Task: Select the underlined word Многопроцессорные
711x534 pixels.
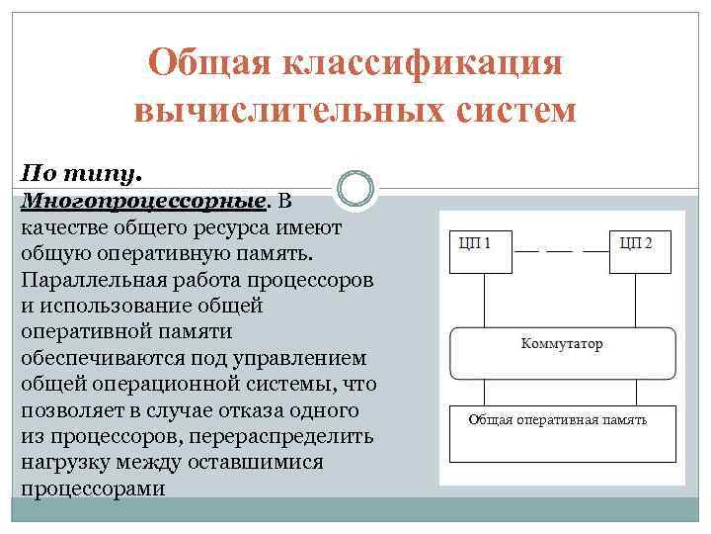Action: click(x=142, y=202)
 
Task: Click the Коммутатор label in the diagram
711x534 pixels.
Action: click(x=561, y=344)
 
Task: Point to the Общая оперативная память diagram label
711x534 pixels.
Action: click(x=558, y=419)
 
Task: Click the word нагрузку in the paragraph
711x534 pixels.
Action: click(x=61, y=462)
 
